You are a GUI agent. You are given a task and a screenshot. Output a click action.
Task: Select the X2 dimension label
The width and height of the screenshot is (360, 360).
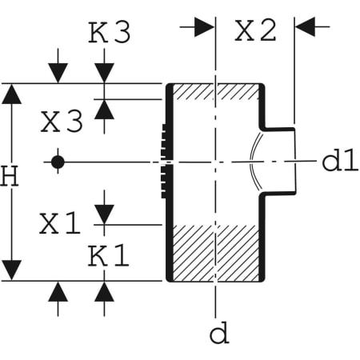point(254,30)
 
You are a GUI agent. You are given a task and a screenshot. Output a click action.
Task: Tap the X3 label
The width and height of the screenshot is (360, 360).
point(62,122)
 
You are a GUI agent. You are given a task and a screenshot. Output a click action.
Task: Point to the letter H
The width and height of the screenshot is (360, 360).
point(9,178)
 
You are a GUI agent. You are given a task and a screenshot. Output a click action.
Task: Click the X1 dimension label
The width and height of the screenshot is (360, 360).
point(61,225)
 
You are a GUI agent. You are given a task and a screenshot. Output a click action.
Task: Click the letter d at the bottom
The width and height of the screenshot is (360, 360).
point(218,332)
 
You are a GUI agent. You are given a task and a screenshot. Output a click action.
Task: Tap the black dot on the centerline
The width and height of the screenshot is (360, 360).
point(57,162)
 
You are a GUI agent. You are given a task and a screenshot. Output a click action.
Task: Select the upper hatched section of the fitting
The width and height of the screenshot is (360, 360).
point(214,91)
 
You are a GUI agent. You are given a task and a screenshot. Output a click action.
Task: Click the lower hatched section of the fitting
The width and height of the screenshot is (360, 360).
point(214,252)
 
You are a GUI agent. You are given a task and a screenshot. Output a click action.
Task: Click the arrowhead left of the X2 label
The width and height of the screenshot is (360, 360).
point(205,26)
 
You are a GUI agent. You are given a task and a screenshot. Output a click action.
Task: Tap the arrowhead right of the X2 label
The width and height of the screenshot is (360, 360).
point(307,26)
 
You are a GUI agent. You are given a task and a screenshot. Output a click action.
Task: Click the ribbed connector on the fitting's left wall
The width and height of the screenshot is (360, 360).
point(165,162)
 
